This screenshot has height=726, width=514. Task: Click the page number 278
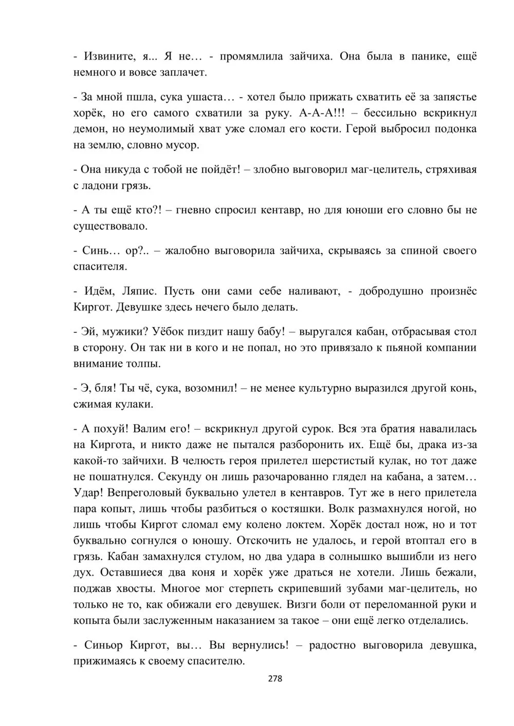pyautogui.click(x=276, y=679)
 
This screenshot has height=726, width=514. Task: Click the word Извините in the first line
pyautogui.click(x=108, y=56)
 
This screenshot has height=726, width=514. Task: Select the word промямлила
pyautogui.click(x=251, y=56)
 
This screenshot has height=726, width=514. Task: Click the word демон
pyautogui.click(x=88, y=129)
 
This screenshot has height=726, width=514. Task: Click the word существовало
pyautogui.click(x=111, y=225)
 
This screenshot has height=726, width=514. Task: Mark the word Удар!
pyautogui.click(x=89, y=493)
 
